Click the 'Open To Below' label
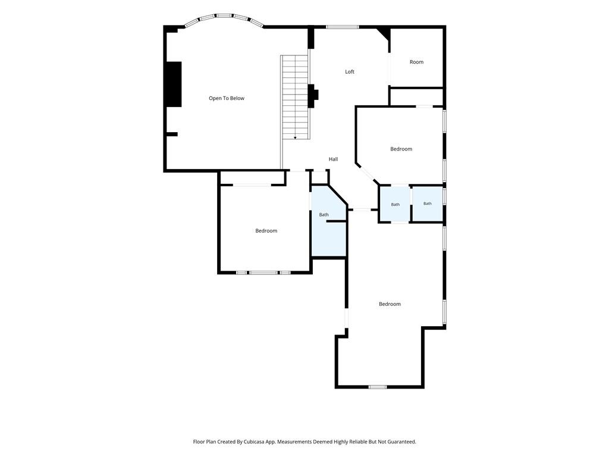pyautogui.click(x=227, y=98)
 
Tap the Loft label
pyautogui.click(x=350, y=71)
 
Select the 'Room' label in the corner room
pyautogui.click(x=416, y=62)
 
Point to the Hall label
pyautogui.click(x=333, y=159)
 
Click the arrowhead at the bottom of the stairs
pyautogui.click(x=295, y=137)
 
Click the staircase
pyautogui.click(x=295, y=97)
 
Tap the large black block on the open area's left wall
pyautogui.click(x=174, y=84)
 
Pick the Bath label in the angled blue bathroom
pyautogui.click(x=324, y=214)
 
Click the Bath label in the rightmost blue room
pyautogui.click(x=427, y=204)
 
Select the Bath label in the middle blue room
pyautogui.click(x=395, y=205)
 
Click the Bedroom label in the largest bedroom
pyautogui.click(x=390, y=304)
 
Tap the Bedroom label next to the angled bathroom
pyautogui.click(x=266, y=231)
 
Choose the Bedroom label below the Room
pyautogui.click(x=401, y=149)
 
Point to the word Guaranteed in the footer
pyautogui.click(x=403, y=442)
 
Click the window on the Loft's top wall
pyautogui.click(x=342, y=27)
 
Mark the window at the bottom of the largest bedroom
pyautogui.click(x=378, y=387)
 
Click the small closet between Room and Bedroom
pyautogui.click(x=416, y=97)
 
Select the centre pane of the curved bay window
pyautogui.click(x=224, y=16)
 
